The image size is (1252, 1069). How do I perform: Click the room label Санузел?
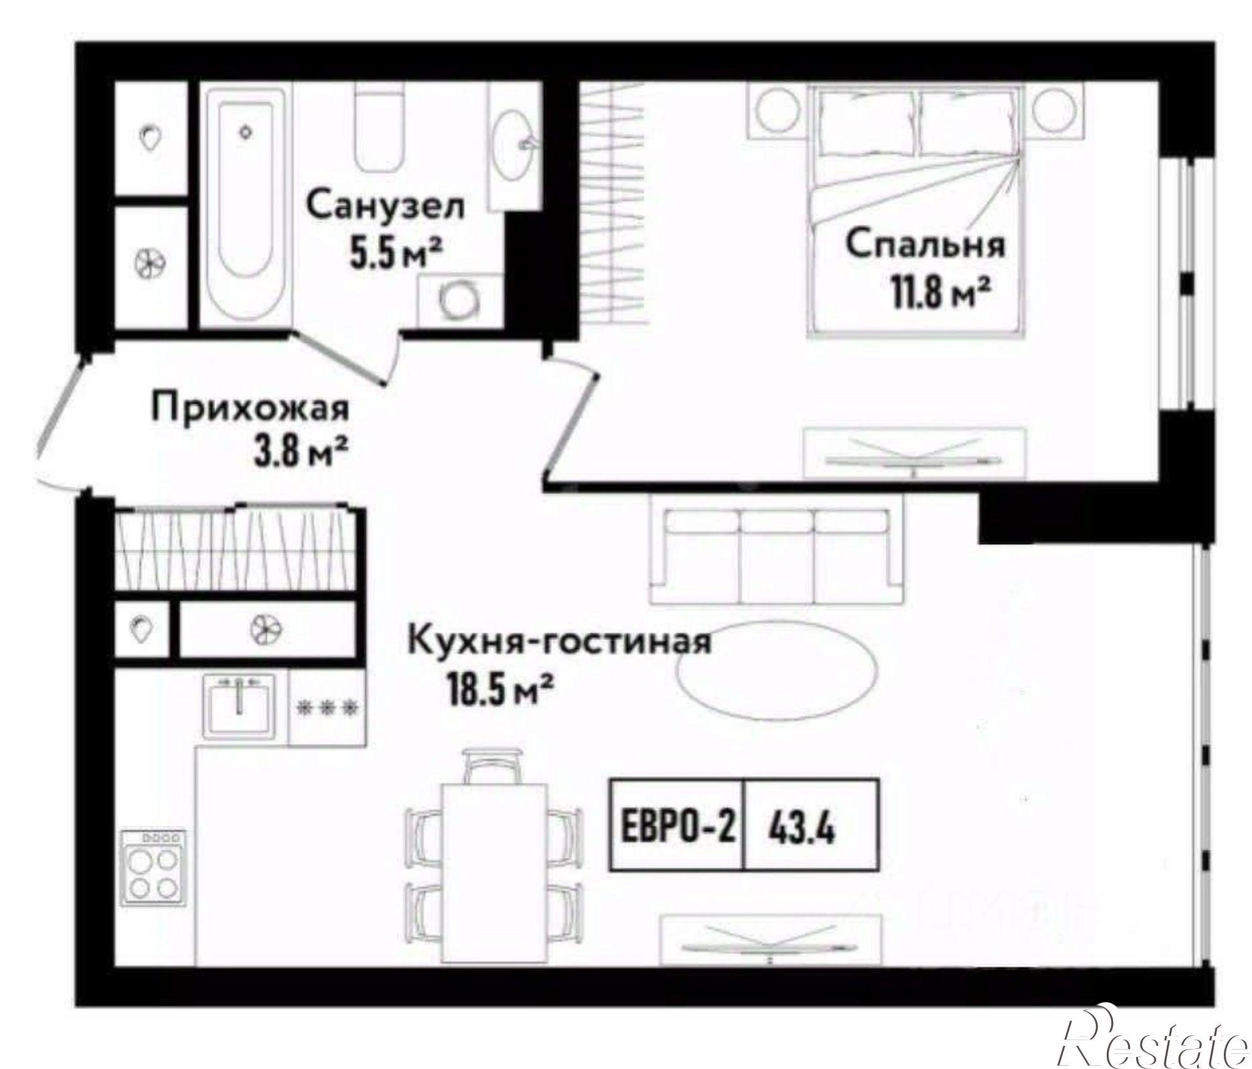coord(386,206)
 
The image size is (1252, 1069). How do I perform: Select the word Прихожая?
coord(250,410)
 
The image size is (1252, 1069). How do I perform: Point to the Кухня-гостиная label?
coord(559,642)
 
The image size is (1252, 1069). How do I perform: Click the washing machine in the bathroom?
coord(459,300)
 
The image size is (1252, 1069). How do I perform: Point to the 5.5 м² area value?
coord(398,255)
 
